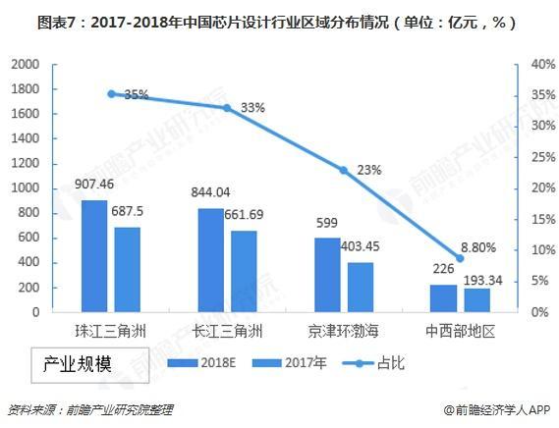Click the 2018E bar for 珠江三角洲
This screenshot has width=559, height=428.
click(x=95, y=256)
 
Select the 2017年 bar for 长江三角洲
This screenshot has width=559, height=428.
click(x=244, y=272)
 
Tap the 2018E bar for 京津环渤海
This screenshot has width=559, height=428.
click(x=327, y=275)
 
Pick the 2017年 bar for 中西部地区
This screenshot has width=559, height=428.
click(x=476, y=300)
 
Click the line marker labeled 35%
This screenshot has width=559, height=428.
click(x=111, y=94)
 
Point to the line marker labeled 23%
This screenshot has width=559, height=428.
click(x=344, y=170)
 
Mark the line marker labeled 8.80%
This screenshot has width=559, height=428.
click(x=460, y=258)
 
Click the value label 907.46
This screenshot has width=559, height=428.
click(x=95, y=185)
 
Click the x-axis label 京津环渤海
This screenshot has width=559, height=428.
click(x=344, y=332)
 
